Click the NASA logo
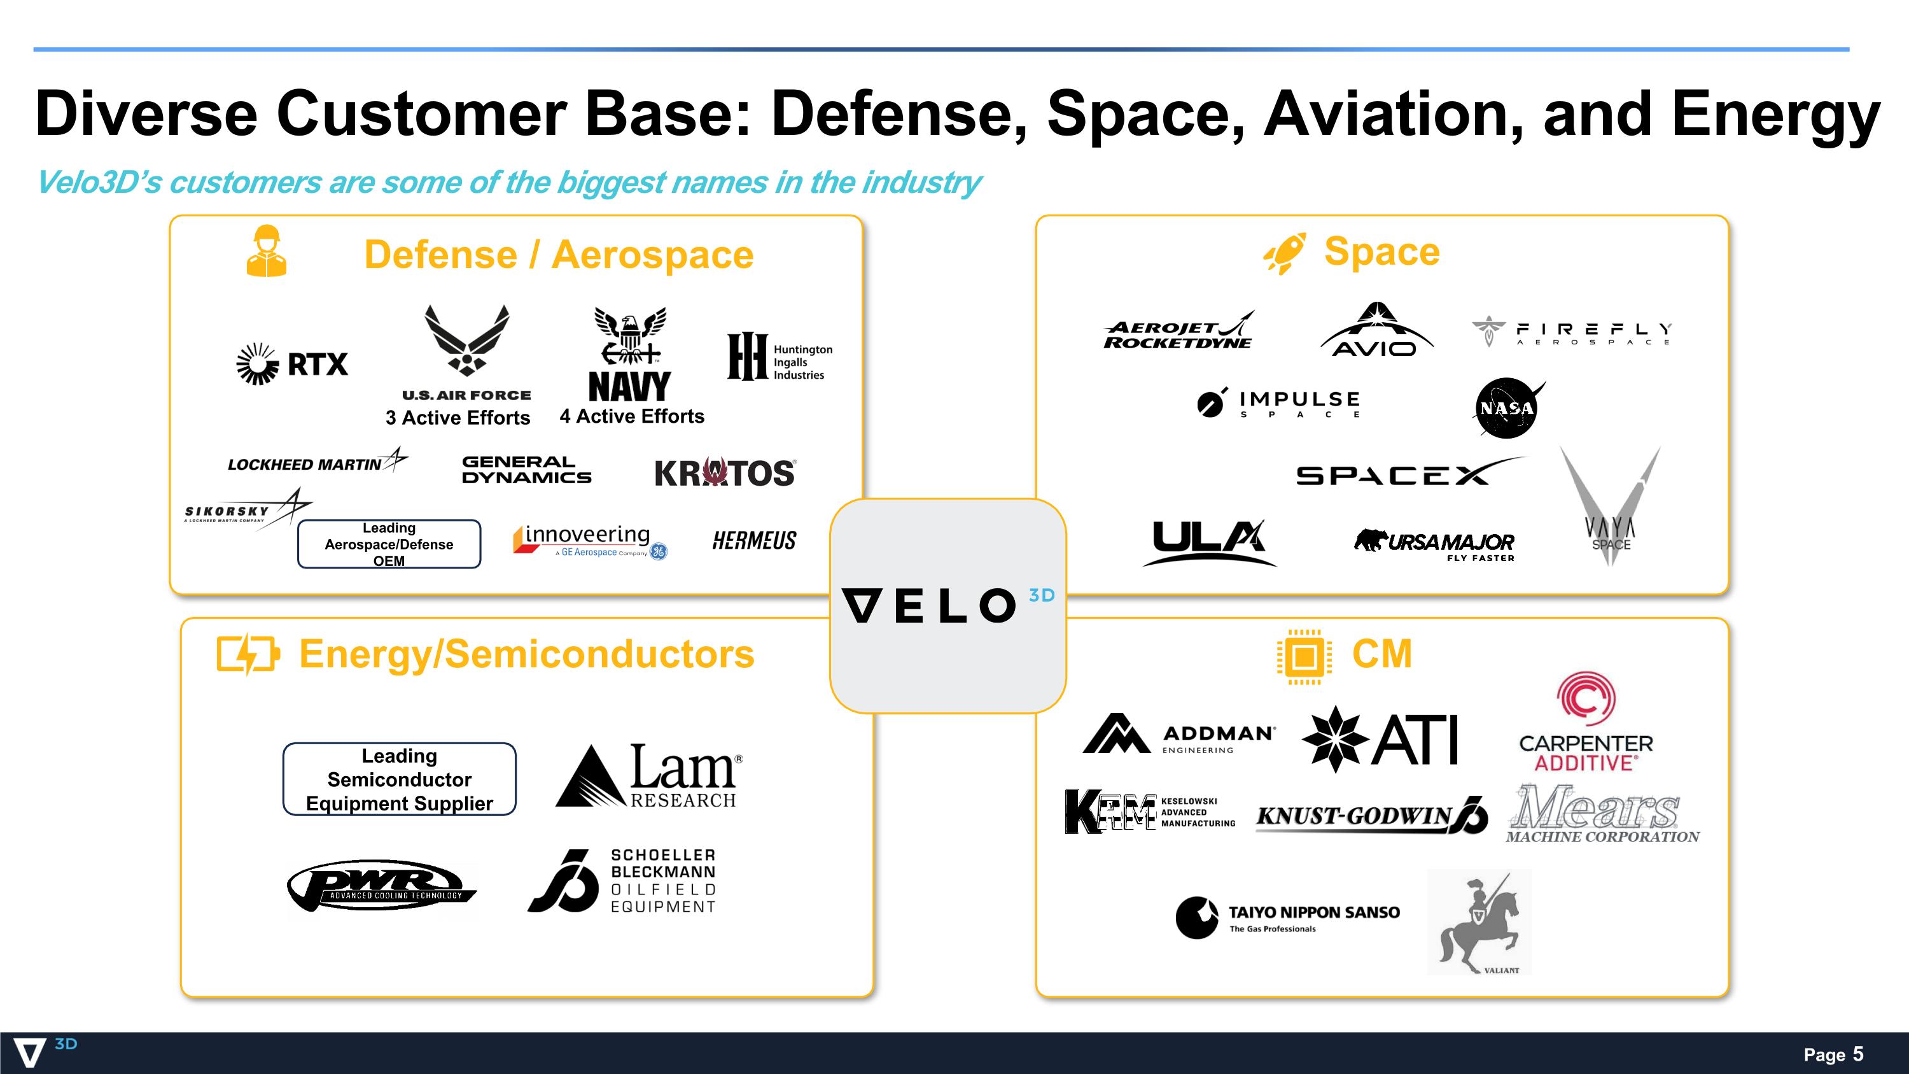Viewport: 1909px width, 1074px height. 1508,407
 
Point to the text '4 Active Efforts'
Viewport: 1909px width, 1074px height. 632,416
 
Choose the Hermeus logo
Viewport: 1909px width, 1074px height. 755,541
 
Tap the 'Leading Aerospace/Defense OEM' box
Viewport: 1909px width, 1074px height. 389,544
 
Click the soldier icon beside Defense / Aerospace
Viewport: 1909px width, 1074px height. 266,251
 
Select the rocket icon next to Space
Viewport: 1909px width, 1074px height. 1285,253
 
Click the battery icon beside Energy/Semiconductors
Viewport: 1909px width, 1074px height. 248,654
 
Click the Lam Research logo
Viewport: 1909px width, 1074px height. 649,776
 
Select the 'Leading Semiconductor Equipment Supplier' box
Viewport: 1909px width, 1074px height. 400,779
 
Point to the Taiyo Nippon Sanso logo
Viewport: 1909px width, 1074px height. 1287,917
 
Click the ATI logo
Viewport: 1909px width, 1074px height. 1380,739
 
